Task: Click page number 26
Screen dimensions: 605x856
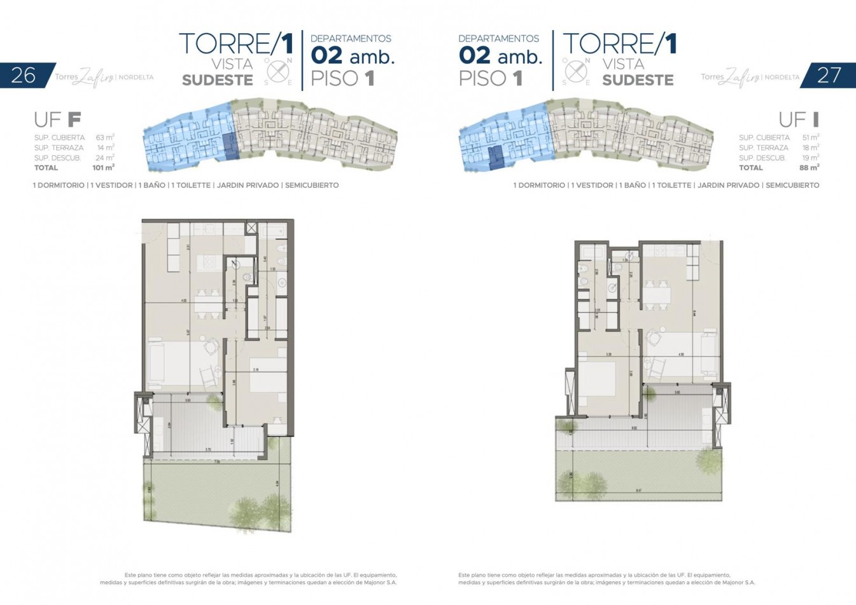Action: pyautogui.click(x=24, y=75)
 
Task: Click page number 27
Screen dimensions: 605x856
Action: pyautogui.click(x=829, y=75)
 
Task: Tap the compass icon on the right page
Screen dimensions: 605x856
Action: pyautogui.click(x=576, y=71)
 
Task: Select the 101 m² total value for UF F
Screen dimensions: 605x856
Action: pyautogui.click(x=103, y=167)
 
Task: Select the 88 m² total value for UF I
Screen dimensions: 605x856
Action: pyautogui.click(x=809, y=167)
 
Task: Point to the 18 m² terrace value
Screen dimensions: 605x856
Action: pyautogui.click(x=810, y=147)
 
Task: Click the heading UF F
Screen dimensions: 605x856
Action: pyautogui.click(x=57, y=119)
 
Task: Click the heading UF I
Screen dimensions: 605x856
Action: pyautogui.click(x=799, y=119)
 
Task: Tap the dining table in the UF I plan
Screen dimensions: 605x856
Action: pyautogui.click(x=656, y=295)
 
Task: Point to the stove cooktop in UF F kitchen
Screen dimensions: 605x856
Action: pyautogui.click(x=208, y=260)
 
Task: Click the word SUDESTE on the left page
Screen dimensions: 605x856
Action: pyautogui.click(x=217, y=80)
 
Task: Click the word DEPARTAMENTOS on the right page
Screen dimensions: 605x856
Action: pyautogui.click(x=498, y=38)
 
